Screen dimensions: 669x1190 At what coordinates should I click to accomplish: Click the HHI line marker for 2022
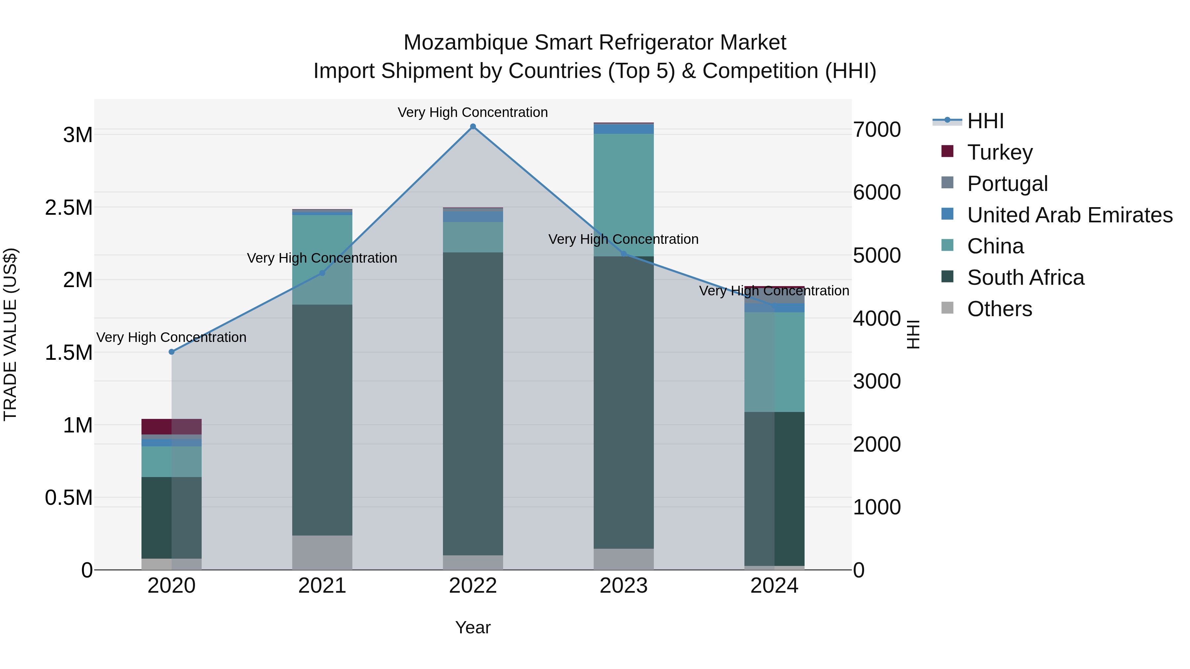473,127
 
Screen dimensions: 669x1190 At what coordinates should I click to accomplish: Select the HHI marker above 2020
171,352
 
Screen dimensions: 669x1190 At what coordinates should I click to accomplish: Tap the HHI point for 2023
623,253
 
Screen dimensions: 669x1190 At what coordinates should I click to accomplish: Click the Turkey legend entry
999,152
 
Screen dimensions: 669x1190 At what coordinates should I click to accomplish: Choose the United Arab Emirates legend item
1069,215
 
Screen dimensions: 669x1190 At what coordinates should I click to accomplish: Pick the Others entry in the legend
999,309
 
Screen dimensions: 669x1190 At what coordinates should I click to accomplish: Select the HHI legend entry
985,121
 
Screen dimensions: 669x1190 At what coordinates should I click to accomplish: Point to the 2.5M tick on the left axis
68,208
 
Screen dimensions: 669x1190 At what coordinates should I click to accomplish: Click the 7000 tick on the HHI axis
876,130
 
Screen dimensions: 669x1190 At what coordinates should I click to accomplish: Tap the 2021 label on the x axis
322,586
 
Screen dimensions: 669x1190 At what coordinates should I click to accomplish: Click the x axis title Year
473,627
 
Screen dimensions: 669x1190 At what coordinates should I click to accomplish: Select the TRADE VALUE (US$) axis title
10,334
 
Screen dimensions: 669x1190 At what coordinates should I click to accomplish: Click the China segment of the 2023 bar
623,194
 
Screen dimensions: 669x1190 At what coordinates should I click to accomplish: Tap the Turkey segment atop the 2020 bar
171,426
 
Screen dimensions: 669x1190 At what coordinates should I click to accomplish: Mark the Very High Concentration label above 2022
473,112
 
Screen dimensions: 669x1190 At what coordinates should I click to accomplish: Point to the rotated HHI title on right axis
913,334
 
